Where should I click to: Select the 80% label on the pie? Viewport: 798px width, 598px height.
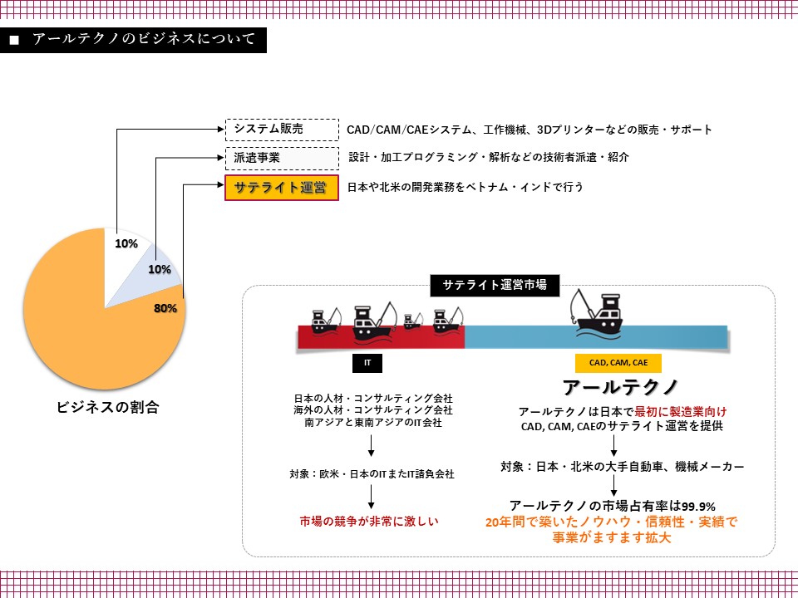coord(165,308)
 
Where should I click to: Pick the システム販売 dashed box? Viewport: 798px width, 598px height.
coord(282,130)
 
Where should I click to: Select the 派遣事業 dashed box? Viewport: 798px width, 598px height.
coord(282,158)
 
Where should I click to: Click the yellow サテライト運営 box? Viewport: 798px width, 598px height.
coord(281,188)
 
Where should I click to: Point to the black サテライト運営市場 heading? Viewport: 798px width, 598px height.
coord(495,285)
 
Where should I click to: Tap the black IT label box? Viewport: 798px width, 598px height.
coord(367,362)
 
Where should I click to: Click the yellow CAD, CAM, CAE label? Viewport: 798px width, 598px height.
coord(618,362)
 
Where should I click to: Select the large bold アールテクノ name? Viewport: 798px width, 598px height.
coord(621,387)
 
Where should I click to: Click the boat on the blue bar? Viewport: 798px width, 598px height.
coord(596,316)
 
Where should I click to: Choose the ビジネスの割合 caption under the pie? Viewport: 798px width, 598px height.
coord(107,407)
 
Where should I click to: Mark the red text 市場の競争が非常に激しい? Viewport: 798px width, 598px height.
coord(368,521)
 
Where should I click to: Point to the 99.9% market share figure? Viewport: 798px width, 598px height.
coord(699,507)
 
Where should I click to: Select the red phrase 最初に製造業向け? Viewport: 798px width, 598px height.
coord(681,411)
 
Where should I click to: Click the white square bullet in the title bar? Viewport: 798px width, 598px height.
coord(13,41)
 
